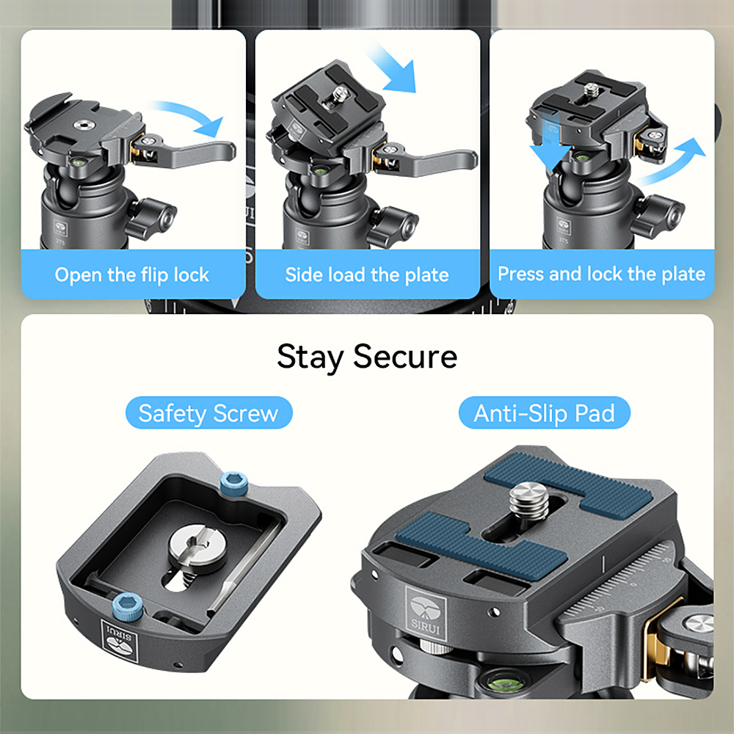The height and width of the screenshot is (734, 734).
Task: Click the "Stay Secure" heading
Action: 367,357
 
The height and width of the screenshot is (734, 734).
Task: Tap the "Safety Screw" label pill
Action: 208,413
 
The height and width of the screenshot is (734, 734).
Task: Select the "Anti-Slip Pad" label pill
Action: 544,413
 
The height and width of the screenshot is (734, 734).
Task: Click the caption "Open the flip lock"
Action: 132,275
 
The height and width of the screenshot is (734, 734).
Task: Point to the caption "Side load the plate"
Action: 367,275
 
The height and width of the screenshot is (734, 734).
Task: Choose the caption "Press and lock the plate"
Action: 602,274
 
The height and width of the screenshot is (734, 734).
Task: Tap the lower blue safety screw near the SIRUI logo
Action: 128,607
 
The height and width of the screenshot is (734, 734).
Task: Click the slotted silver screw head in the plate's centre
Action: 197,548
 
